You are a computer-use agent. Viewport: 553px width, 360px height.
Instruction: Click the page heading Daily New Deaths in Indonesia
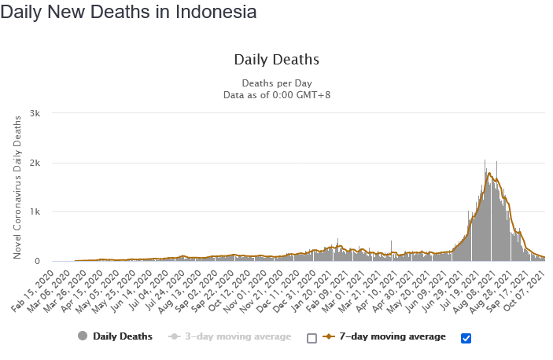(128, 13)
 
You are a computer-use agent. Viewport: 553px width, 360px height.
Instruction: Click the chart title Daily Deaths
(276, 60)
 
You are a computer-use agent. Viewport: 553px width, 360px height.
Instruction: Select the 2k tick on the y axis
(46, 163)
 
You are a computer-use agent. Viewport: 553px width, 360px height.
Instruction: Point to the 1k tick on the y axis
(46, 212)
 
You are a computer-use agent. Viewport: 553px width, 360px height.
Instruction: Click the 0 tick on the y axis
(48, 262)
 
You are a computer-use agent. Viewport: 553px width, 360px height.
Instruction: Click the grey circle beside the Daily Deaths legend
(83, 336)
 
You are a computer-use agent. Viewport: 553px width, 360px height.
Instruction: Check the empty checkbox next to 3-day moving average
(312, 338)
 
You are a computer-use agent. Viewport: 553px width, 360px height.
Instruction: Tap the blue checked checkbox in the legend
(466, 338)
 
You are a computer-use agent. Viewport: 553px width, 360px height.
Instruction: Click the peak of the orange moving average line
(489, 173)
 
